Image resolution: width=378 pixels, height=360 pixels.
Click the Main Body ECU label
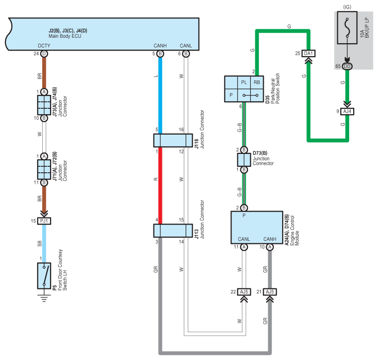pyautogui.click(x=65, y=36)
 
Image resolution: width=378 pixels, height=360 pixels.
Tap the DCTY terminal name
pyautogui.click(x=44, y=46)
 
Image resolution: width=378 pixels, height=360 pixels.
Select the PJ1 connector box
pyautogui.click(x=44, y=221)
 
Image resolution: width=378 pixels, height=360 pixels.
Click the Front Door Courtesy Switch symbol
pyautogui.click(x=44, y=276)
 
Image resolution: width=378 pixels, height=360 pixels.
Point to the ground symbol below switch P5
pyautogui.click(x=44, y=298)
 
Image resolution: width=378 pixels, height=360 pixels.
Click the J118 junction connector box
pyautogui.click(x=173, y=141)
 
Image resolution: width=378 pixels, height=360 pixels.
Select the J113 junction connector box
pyautogui.click(x=173, y=230)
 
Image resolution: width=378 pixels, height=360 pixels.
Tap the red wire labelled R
pyautogui.click(x=160, y=186)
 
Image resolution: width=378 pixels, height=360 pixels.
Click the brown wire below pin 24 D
pyautogui.click(x=44, y=73)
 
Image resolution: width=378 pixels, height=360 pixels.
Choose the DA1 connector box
pyautogui.click(x=308, y=53)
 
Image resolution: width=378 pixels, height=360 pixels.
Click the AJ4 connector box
pyautogui.click(x=347, y=111)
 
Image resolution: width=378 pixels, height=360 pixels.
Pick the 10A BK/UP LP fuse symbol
pyautogui.click(x=347, y=28)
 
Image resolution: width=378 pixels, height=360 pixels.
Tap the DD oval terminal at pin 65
pyautogui.click(x=347, y=66)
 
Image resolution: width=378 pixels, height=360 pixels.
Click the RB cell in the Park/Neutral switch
pyautogui.click(x=257, y=82)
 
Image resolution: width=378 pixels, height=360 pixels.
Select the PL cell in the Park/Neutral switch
pyautogui.click(x=244, y=82)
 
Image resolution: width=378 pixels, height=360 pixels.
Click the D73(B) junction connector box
pyautogui.click(x=244, y=160)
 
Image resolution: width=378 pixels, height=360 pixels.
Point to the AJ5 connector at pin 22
pyautogui.click(x=244, y=292)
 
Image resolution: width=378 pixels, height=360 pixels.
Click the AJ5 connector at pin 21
pyautogui.click(x=270, y=292)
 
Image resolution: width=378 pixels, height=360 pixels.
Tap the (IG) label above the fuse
pyautogui.click(x=347, y=7)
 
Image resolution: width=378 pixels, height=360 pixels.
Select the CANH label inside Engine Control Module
pyautogui.click(x=270, y=239)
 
